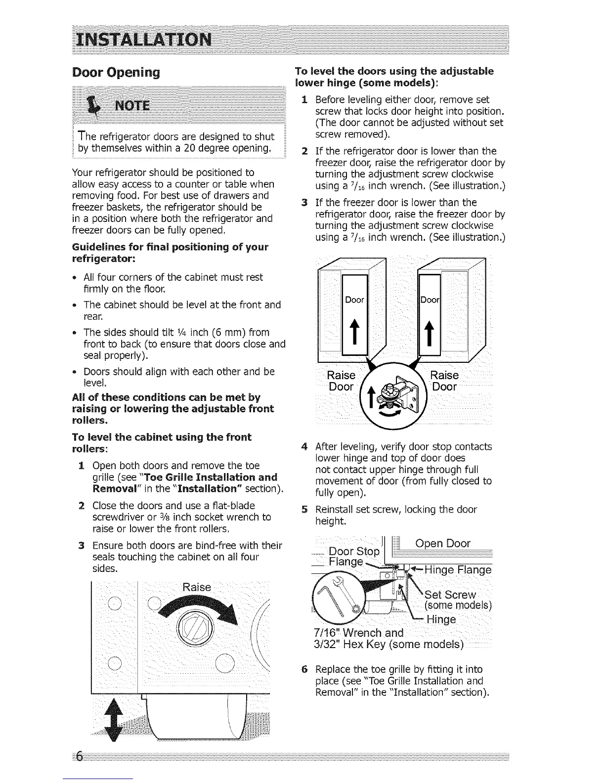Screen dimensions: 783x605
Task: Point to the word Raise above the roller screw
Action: [196, 587]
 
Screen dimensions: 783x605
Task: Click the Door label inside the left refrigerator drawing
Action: [354, 300]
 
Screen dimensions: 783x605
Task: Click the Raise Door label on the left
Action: [341, 381]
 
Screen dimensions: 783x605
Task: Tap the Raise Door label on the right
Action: [445, 381]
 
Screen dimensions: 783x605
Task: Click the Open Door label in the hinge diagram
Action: [443, 544]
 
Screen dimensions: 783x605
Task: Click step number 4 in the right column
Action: [304, 447]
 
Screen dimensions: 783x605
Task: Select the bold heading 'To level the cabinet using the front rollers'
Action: [162, 443]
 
